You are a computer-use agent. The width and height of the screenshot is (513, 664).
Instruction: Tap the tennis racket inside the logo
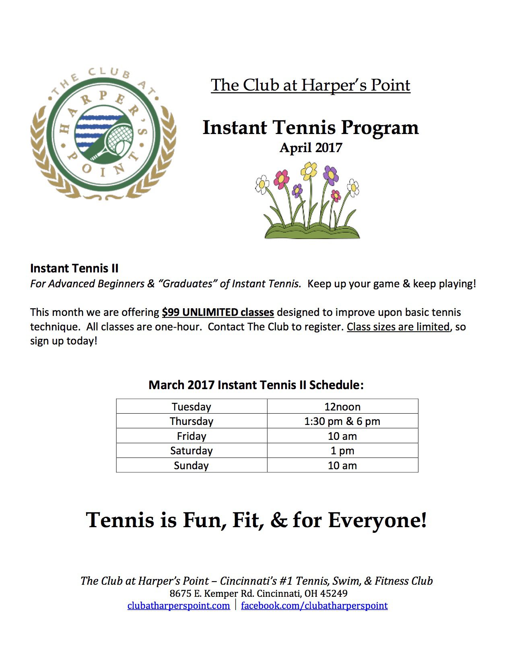click(x=115, y=139)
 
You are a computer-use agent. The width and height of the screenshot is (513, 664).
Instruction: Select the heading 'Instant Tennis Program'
click(x=311, y=128)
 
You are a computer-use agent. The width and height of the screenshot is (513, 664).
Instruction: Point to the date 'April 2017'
click(x=311, y=148)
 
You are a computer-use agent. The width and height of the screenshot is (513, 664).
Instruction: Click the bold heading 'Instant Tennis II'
click(x=74, y=268)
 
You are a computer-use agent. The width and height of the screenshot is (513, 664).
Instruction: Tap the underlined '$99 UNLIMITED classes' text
click(x=218, y=312)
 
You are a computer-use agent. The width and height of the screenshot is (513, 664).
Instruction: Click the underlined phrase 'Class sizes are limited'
click(x=398, y=327)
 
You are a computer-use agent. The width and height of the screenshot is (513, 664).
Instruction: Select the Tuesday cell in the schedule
click(x=192, y=406)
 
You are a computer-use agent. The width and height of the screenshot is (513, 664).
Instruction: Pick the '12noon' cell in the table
click(x=342, y=406)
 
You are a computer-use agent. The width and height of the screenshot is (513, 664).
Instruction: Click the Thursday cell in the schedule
click(x=192, y=421)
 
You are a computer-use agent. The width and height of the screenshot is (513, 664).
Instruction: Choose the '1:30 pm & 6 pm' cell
click(x=342, y=421)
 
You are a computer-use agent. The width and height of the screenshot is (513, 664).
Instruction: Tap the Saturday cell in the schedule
click(x=192, y=451)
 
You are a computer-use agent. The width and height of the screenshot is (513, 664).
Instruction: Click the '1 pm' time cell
click(x=342, y=451)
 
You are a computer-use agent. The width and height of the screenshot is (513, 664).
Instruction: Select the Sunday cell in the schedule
click(x=192, y=466)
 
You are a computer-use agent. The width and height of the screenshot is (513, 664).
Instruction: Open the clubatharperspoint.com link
click(x=179, y=606)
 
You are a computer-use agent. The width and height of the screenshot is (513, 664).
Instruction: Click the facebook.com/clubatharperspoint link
click(x=314, y=606)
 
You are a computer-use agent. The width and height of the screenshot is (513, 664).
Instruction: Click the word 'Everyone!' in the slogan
click(x=377, y=520)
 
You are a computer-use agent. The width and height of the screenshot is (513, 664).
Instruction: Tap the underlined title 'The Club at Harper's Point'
click(x=311, y=85)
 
